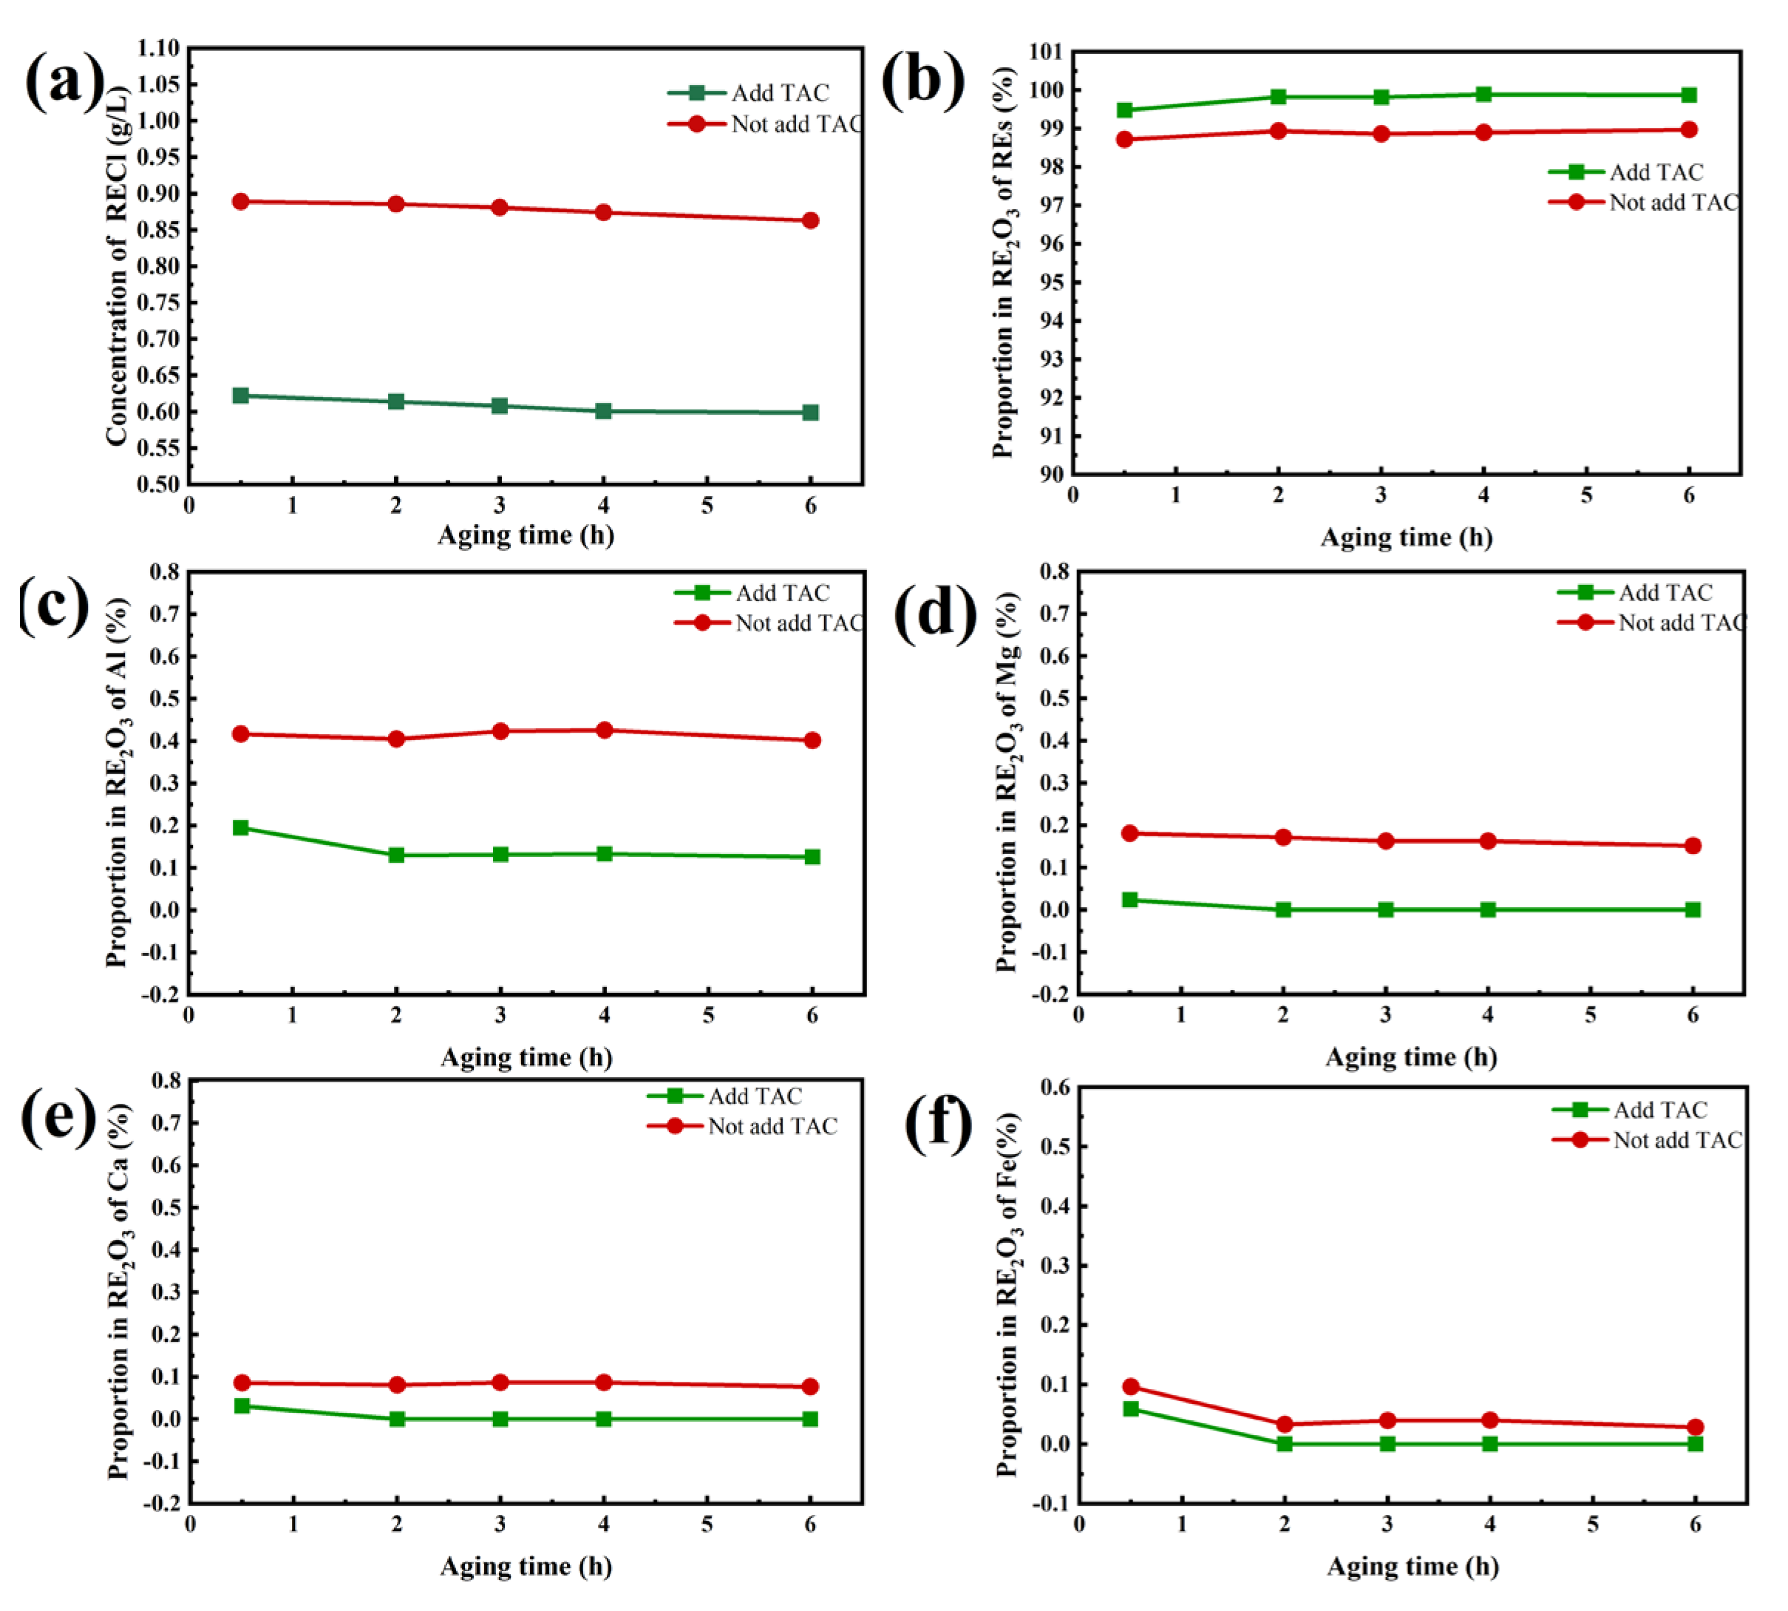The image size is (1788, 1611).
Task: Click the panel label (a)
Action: point(64,81)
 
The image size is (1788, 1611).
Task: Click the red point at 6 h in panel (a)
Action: point(809,220)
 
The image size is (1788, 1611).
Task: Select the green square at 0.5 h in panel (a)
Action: point(241,395)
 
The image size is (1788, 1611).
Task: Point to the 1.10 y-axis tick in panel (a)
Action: point(158,48)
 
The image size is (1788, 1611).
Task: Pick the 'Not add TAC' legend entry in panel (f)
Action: point(1648,1140)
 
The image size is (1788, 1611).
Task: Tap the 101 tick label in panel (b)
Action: point(1047,51)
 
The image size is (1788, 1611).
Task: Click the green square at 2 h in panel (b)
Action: point(1277,97)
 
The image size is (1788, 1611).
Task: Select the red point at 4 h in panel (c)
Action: point(605,730)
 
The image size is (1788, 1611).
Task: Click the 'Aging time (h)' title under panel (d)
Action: point(1410,1057)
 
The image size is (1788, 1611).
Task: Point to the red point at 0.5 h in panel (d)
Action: point(1129,833)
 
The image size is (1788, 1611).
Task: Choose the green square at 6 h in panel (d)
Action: point(1693,909)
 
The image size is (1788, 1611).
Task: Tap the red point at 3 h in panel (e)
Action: point(500,1382)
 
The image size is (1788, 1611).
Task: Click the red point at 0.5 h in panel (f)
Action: point(1131,1386)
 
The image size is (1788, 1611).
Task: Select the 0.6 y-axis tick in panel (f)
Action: point(1055,1087)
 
